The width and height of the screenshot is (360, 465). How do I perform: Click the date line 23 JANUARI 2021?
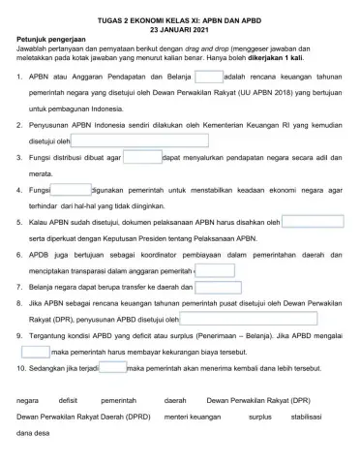coord(180,29)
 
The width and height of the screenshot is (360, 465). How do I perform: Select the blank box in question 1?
coord(208,77)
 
